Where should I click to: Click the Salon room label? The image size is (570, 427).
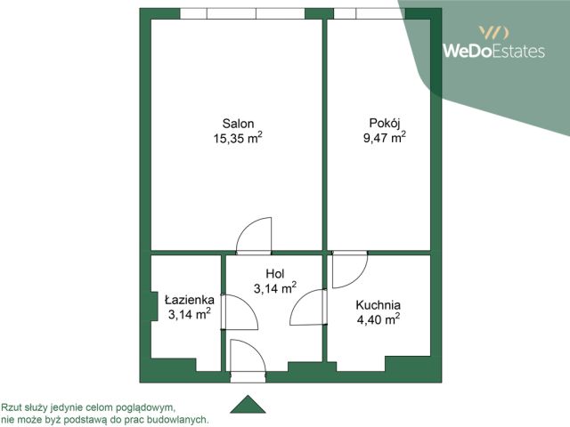(x=238, y=124)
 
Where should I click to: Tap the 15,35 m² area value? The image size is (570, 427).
(x=238, y=139)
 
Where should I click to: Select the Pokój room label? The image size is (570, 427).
(x=385, y=124)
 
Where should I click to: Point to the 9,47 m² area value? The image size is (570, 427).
(x=385, y=138)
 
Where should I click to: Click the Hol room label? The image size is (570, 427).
(x=275, y=274)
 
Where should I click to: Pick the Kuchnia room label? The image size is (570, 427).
(x=378, y=305)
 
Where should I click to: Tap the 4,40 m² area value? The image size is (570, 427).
(x=379, y=320)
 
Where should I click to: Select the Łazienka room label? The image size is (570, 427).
(x=189, y=300)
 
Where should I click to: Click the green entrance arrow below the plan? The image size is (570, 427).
(x=248, y=404)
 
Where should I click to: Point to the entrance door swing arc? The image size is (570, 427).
(x=256, y=348)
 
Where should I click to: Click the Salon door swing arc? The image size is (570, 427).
(x=248, y=227)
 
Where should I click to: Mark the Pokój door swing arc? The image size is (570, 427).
(x=358, y=278)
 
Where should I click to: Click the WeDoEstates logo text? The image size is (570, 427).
(x=493, y=51)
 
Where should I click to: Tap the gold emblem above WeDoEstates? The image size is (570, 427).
(x=493, y=32)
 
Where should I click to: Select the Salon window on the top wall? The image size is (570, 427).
(x=242, y=13)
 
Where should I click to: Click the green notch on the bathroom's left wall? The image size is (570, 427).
(x=154, y=306)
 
